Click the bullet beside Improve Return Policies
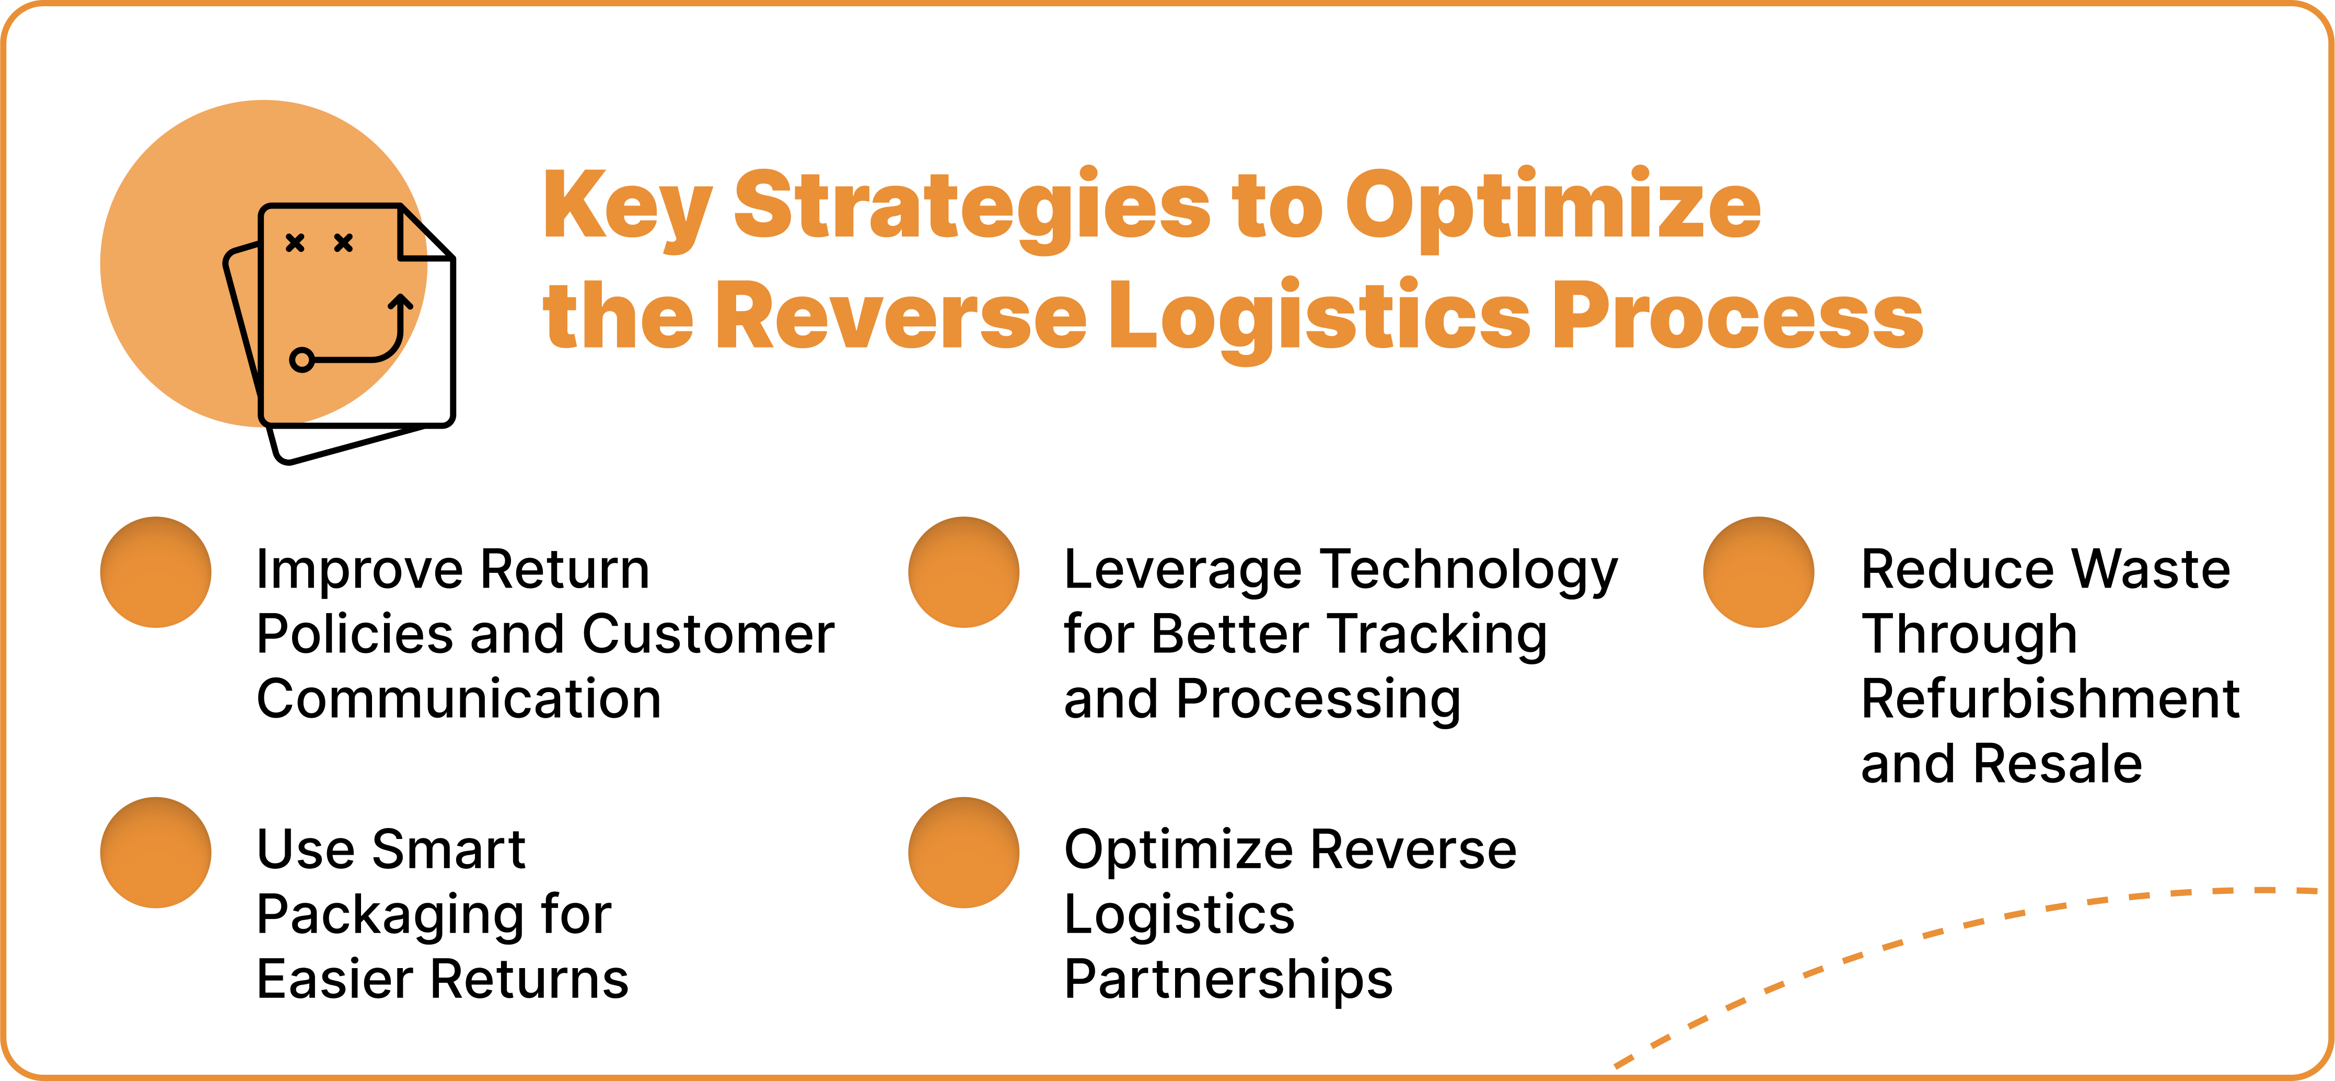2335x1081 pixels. (156, 572)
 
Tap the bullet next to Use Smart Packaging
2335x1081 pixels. (156, 853)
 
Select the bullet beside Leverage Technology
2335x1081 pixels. (963, 572)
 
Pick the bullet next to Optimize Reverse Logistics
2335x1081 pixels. (963, 853)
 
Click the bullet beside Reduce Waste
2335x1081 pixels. (1759, 572)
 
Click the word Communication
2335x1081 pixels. (459, 699)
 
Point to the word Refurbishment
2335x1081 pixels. (2050, 699)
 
